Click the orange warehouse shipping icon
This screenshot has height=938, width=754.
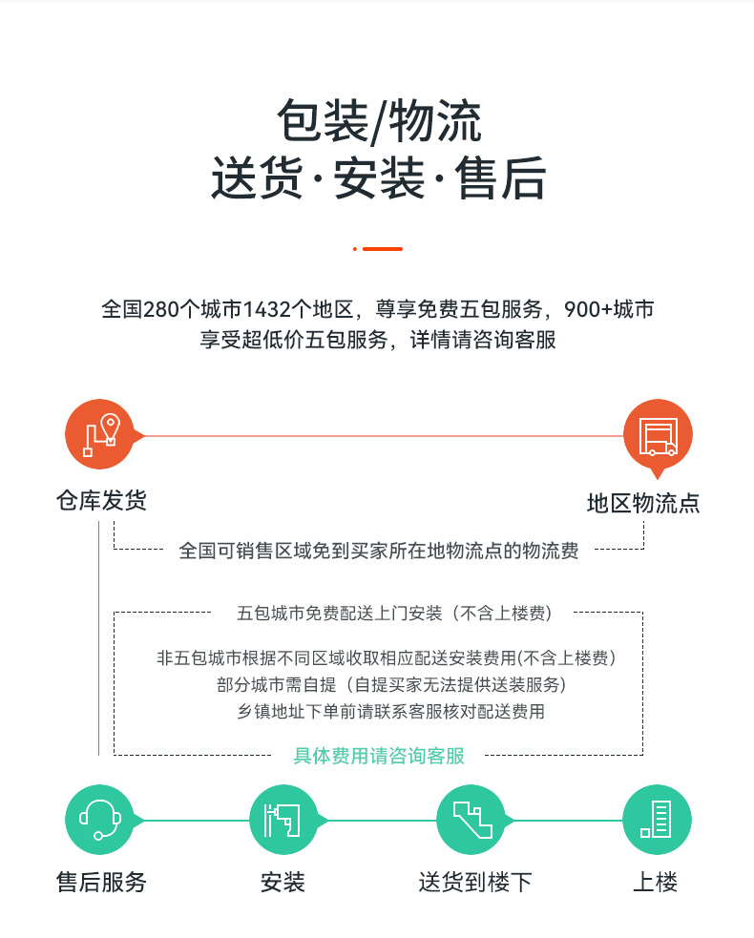99,434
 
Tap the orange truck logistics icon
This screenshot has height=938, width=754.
658,435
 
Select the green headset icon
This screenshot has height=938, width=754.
99,820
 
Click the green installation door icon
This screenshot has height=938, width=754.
283,820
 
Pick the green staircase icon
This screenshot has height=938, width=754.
471,820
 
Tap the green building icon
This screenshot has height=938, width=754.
657,820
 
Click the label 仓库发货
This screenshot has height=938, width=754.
101,500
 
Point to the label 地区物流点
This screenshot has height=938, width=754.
643,503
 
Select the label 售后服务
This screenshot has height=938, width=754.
101,882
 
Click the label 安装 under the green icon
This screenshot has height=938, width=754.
283,882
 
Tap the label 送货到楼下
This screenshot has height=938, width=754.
475,882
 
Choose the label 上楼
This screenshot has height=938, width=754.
656,882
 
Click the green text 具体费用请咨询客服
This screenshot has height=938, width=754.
379,756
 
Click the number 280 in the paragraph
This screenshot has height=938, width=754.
161,309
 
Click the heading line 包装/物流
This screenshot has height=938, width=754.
378,121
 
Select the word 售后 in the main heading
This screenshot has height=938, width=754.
500,177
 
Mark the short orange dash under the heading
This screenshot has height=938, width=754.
383,249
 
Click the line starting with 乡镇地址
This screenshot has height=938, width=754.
390,711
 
